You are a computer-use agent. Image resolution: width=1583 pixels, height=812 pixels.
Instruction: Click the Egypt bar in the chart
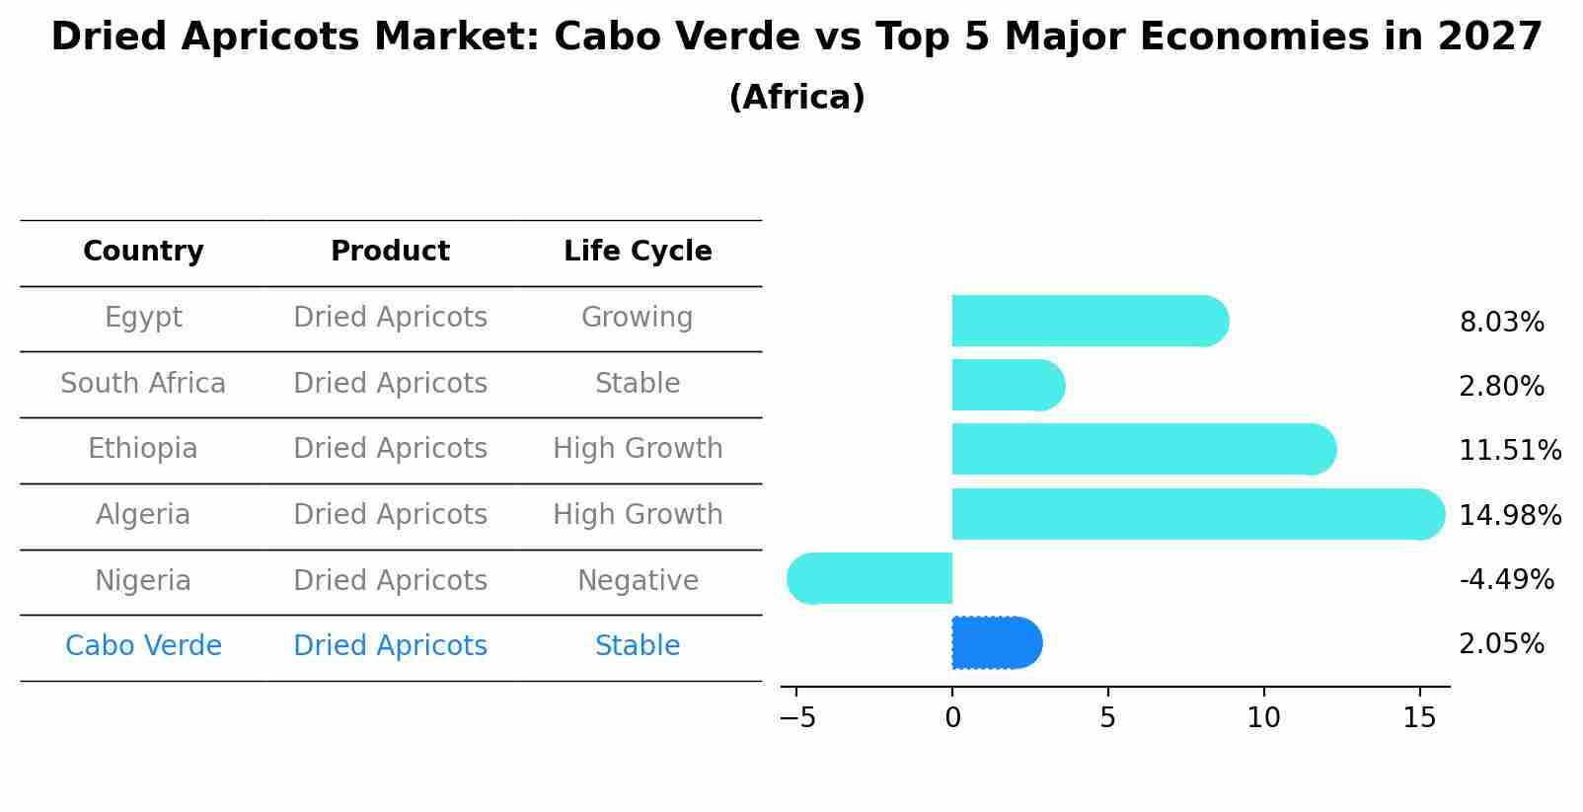(x=1086, y=321)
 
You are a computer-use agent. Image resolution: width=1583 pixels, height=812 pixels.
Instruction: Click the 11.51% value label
(x=1509, y=451)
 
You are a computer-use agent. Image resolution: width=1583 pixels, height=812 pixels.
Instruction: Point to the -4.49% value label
(x=1506, y=579)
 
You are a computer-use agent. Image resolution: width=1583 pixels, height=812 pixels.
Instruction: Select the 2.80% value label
(x=1501, y=386)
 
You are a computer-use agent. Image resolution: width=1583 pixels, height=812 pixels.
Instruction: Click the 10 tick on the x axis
(x=1263, y=718)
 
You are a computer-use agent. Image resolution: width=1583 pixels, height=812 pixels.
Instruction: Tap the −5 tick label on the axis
(x=797, y=718)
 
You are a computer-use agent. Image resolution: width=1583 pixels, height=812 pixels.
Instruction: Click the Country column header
(x=143, y=252)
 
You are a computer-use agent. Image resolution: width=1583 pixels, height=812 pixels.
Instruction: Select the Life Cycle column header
(x=638, y=252)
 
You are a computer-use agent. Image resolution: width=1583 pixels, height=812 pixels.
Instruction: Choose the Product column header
(x=390, y=252)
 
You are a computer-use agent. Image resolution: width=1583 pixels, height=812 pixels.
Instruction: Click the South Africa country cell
(x=143, y=383)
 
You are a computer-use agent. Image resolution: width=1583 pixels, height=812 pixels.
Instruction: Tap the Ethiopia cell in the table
(x=143, y=449)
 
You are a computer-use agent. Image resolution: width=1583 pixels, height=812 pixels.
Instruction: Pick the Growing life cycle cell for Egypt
(x=638, y=318)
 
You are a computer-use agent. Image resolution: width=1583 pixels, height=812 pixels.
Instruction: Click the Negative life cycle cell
(x=638, y=580)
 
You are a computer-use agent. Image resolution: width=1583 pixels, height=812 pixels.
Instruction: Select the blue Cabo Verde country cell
(x=143, y=646)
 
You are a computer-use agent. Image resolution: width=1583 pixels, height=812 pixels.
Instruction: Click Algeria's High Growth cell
(x=638, y=515)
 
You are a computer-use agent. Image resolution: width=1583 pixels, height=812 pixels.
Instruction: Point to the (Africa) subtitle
(x=796, y=98)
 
